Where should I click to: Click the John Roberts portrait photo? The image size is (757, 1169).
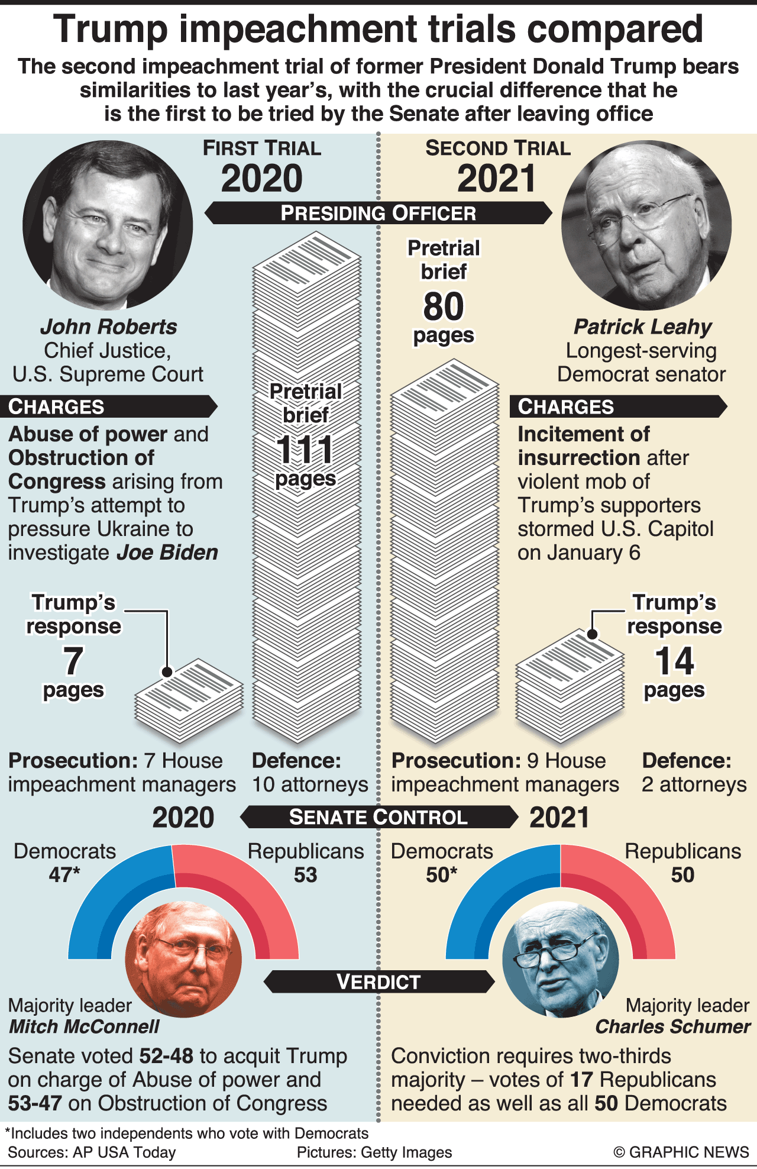tap(108, 225)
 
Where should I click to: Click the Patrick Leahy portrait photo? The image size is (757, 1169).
tap(646, 225)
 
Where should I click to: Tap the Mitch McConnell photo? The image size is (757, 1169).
tap(183, 959)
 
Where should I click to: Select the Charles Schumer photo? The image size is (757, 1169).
tap(560, 959)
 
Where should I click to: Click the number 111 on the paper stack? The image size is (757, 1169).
tap(305, 450)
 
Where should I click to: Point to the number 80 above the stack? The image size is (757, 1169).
tap(444, 306)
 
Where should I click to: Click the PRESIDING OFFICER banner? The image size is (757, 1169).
tap(378, 213)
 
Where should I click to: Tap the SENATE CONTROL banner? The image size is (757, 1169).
tap(378, 817)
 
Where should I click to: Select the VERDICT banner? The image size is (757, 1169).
tap(378, 981)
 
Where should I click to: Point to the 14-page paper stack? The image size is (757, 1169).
tap(570, 686)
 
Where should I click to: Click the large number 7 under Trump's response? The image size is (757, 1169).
tap(73, 661)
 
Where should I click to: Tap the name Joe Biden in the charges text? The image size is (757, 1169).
tap(167, 553)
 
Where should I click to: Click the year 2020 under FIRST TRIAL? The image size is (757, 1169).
tap(261, 179)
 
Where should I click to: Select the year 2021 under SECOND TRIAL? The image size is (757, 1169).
tap(497, 179)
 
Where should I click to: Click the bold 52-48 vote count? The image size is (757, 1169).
tap(166, 1056)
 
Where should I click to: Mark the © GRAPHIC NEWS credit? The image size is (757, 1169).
tap(681, 1152)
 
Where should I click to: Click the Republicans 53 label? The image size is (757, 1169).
tap(305, 863)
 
